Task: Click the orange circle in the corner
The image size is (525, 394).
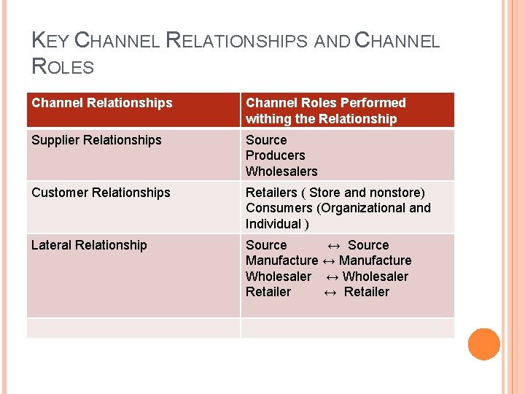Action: pos(483,344)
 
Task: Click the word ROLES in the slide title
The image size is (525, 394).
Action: pos(63,68)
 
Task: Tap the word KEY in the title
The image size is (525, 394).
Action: pos(50,41)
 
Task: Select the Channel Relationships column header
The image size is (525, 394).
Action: pos(102,103)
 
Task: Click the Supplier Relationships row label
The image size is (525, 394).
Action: pos(96,140)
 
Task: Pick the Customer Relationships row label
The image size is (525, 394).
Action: pos(101,193)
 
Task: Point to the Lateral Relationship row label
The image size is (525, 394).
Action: pos(89,245)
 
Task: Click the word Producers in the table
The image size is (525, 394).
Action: pos(276,155)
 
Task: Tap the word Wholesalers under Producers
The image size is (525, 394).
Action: pos(281,171)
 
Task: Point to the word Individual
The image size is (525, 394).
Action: pos(273,224)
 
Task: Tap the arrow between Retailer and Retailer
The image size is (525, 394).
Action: pos(330,292)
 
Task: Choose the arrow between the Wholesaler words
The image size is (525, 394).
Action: pos(332,277)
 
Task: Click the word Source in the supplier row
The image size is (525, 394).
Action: pos(266,140)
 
